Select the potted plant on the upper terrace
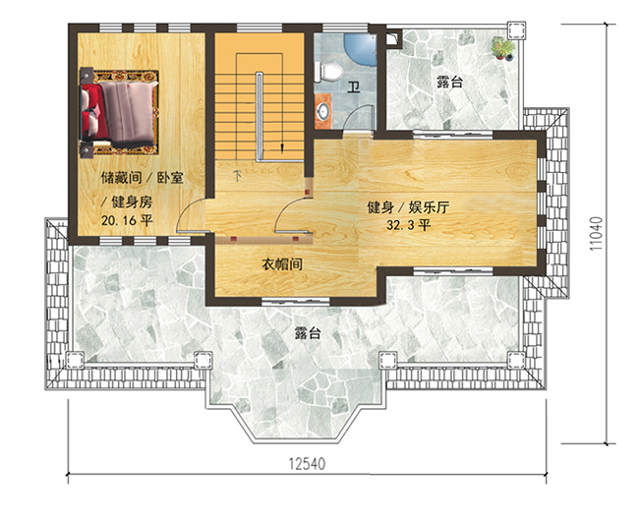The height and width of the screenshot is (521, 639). click(x=504, y=46)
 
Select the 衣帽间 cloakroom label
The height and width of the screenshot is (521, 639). click(x=281, y=265)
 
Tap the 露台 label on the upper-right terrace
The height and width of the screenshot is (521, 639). click(x=449, y=83)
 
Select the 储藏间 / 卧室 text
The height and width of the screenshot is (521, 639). click(x=143, y=179)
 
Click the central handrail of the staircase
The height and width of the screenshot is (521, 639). click(x=260, y=113)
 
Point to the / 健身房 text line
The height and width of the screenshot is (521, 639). click(x=129, y=201)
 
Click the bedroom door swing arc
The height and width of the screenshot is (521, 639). click(x=193, y=213)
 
